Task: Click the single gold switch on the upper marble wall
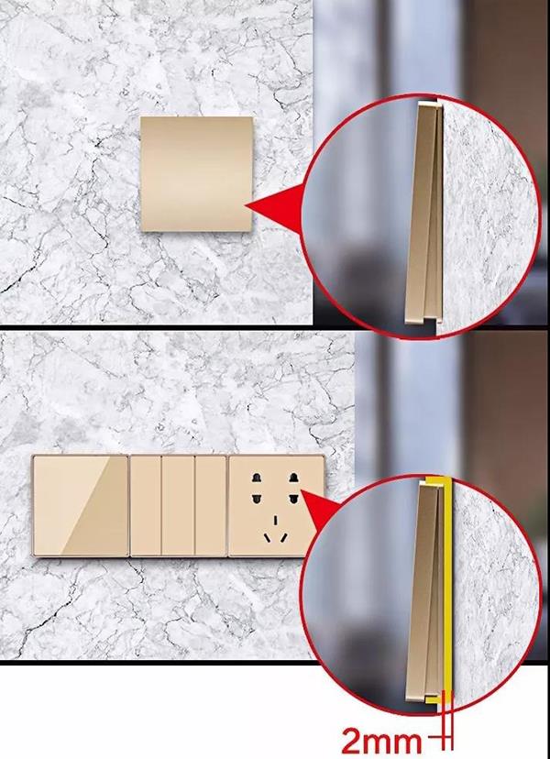[196, 174]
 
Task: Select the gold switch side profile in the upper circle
[424, 213]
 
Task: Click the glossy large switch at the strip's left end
[81, 505]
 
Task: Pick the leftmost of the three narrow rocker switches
[145, 505]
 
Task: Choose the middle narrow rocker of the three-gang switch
[178, 505]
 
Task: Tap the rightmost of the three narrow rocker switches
[211, 505]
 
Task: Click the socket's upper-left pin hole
[256, 478]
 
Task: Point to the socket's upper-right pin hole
[293, 478]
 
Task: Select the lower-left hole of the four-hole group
[256, 498]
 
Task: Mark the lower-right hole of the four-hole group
[293, 498]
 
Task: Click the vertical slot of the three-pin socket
[276, 521]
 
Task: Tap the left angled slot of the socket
[267, 538]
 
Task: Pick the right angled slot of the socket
[284, 538]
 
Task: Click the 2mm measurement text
[381, 741]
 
